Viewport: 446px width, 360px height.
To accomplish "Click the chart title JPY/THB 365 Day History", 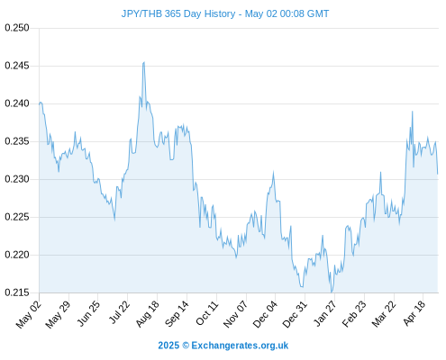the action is [178, 13].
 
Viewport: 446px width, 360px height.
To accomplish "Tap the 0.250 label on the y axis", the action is [17, 28].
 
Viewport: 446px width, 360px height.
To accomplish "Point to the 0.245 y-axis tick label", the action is [17, 66].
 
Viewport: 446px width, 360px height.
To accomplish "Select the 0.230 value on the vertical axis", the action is [17, 179].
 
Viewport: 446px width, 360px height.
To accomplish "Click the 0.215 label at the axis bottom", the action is [17, 292].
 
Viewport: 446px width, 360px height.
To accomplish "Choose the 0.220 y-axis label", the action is [17, 255].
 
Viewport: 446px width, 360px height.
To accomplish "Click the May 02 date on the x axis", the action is [28, 315].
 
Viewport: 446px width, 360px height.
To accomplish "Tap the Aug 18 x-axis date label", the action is [147, 314].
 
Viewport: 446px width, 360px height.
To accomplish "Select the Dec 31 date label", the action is [295, 314].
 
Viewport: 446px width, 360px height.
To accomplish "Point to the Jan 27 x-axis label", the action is [325, 314].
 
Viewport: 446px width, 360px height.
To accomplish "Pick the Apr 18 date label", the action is [414, 314].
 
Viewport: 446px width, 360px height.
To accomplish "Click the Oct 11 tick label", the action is [206, 314].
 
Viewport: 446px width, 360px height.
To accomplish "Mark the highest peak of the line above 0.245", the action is [144, 62].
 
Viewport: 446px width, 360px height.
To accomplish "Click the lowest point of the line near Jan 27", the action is [332, 292].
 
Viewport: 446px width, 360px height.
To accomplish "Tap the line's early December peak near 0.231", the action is [273, 172].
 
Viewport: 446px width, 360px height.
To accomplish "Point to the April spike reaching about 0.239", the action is [413, 112].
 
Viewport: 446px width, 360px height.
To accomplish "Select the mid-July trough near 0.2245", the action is [114, 220].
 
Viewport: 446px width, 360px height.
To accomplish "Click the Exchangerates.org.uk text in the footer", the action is [240, 346].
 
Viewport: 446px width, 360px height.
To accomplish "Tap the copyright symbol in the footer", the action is [186, 346].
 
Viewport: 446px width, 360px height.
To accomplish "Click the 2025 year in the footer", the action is [168, 346].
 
